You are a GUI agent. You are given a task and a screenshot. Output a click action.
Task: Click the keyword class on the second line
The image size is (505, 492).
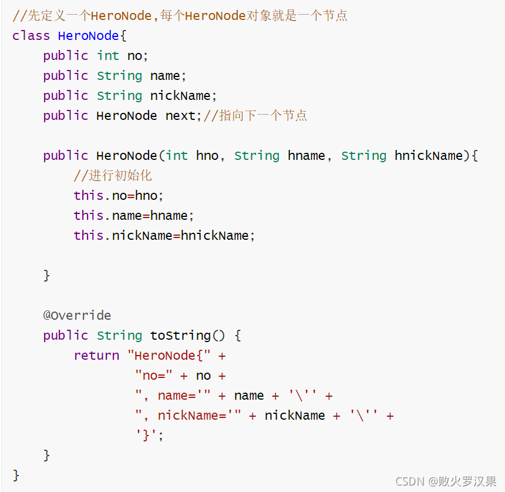tap(31, 36)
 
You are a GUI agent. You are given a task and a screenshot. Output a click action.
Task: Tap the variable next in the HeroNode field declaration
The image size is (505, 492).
tap(180, 116)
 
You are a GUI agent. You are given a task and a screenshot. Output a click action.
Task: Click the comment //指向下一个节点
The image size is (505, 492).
tap(255, 116)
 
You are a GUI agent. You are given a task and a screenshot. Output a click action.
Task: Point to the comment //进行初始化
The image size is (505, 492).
tap(113, 176)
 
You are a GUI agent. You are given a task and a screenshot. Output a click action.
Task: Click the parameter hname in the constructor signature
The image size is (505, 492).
tap(307, 156)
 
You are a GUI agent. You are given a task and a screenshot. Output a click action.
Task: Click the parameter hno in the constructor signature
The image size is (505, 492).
tap(207, 156)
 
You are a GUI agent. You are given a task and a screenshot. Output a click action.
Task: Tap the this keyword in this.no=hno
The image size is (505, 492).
tap(89, 196)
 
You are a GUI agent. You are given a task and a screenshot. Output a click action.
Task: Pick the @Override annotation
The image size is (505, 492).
tap(77, 316)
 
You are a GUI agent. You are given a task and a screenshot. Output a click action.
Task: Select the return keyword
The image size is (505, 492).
tap(96, 356)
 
